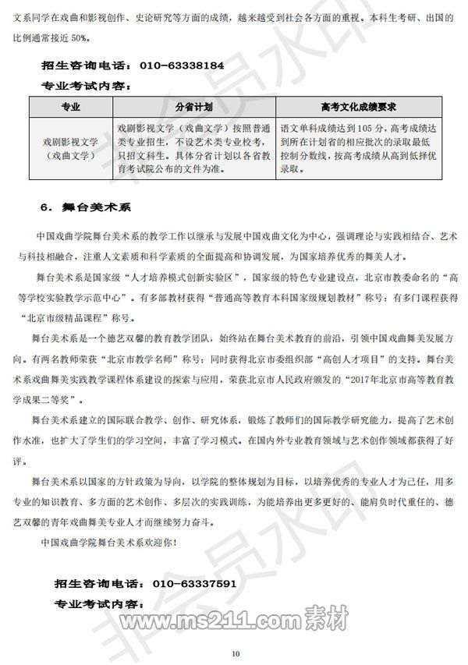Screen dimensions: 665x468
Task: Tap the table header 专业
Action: (x=69, y=105)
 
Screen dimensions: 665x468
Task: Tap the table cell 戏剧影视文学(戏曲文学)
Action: (x=69, y=149)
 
